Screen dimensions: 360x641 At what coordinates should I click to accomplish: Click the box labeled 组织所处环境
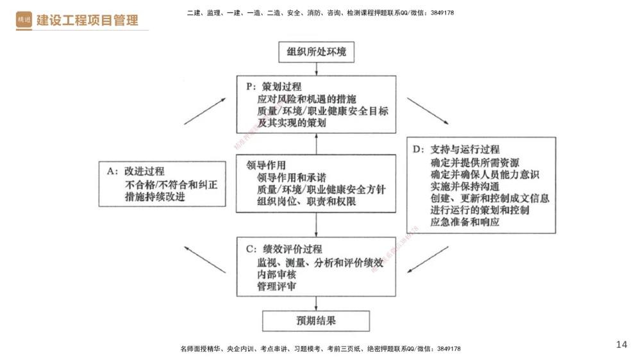[316, 52]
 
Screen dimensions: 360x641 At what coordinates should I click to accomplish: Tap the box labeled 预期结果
[316, 320]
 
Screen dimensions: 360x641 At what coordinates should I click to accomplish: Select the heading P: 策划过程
[274, 86]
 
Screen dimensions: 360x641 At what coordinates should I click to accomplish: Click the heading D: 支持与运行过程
[456, 150]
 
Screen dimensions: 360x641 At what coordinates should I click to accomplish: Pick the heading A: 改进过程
[136, 172]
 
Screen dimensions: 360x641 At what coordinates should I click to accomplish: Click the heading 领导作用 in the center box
[266, 165]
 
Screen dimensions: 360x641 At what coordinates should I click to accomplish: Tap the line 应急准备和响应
[465, 222]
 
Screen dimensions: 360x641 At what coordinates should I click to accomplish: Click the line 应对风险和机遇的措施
[306, 99]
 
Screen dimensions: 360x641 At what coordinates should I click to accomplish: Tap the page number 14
[621, 345]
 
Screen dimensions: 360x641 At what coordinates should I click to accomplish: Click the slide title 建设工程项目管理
[87, 20]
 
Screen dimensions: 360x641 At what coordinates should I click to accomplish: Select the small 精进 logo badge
[24, 20]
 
